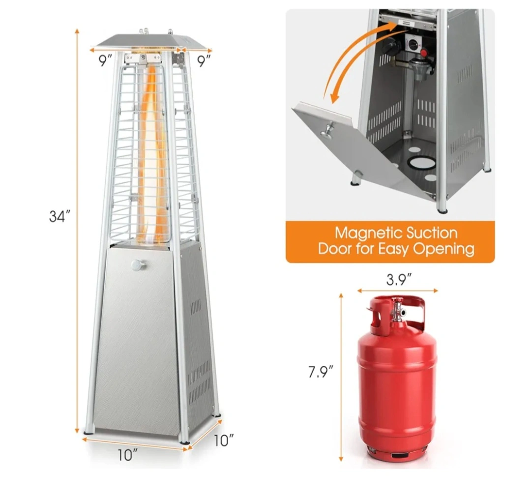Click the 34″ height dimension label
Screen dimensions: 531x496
[x=59, y=216]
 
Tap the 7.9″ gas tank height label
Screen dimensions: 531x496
[x=321, y=372]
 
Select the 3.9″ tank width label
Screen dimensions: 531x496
[x=399, y=280]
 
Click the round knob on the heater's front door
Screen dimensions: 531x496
[x=138, y=265]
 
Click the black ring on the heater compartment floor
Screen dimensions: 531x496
[x=421, y=163]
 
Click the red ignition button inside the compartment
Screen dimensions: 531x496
[x=423, y=53]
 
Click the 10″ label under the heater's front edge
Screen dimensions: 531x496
[x=128, y=455]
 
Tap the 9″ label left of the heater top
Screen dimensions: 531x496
[x=105, y=60]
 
